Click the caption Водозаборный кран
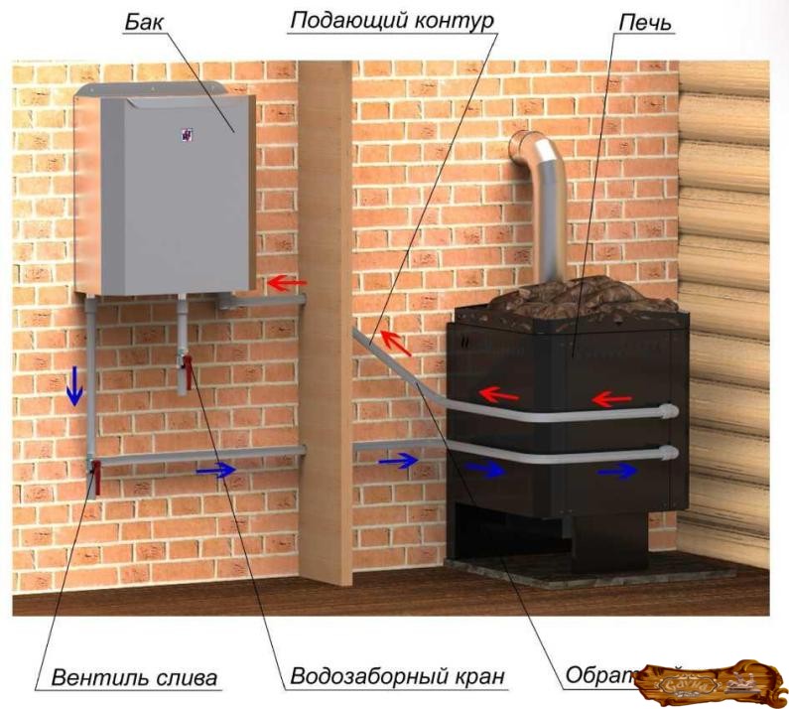[x=397, y=678]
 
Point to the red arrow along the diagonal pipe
[x=395, y=342]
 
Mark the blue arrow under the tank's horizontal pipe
[x=216, y=470]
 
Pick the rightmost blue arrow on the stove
[x=616, y=471]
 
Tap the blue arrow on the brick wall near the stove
[x=398, y=460]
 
